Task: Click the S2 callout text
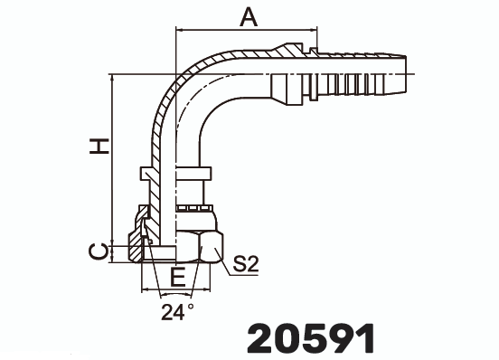pos(246,264)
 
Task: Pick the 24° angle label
pos(176,313)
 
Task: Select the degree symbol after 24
pos(191,308)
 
